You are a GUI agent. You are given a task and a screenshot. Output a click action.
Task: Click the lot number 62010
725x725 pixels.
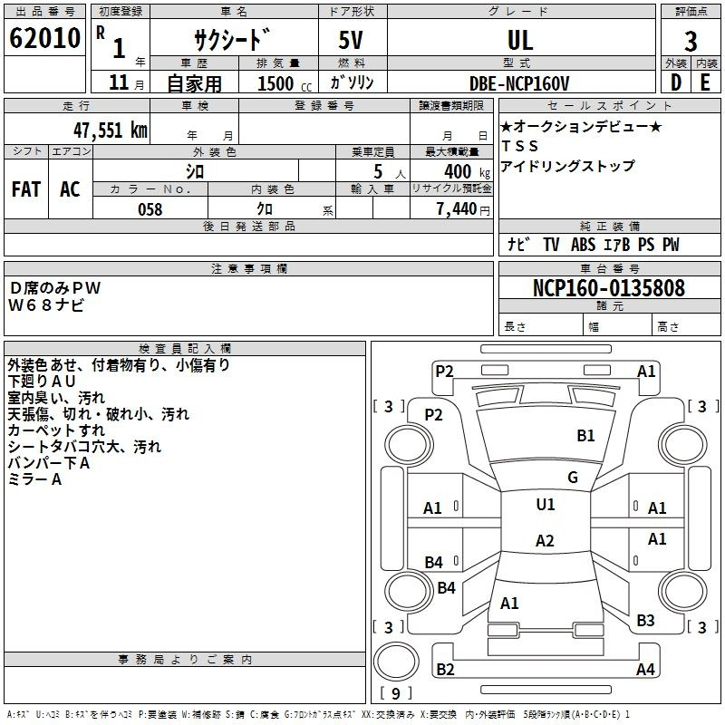click(44, 39)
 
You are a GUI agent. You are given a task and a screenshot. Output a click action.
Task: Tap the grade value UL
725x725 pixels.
click(520, 40)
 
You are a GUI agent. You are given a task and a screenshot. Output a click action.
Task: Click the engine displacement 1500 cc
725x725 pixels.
click(275, 83)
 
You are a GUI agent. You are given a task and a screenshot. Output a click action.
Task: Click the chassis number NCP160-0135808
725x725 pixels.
click(608, 289)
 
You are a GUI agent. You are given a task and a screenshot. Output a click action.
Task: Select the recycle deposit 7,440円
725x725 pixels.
click(462, 209)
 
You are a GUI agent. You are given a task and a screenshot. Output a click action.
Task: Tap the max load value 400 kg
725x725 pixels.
click(457, 171)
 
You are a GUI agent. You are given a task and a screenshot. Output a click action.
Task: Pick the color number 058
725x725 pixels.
click(150, 209)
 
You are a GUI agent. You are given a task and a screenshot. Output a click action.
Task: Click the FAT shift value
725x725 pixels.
click(25, 189)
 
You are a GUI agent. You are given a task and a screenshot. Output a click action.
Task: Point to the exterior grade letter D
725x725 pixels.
click(675, 82)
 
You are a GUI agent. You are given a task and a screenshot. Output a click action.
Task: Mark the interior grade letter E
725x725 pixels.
click(705, 82)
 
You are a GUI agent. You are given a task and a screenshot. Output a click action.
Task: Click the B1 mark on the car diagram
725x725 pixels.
click(585, 436)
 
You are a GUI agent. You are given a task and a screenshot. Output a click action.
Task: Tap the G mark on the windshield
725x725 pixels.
click(572, 478)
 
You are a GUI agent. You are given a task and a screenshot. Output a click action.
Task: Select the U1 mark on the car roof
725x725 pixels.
click(545, 505)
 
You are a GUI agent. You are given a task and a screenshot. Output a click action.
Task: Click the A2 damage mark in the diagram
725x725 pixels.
click(544, 541)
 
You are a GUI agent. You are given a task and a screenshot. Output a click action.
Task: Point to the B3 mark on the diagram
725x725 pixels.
click(645, 621)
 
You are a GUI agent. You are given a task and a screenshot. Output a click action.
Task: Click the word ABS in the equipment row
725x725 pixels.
click(584, 245)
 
